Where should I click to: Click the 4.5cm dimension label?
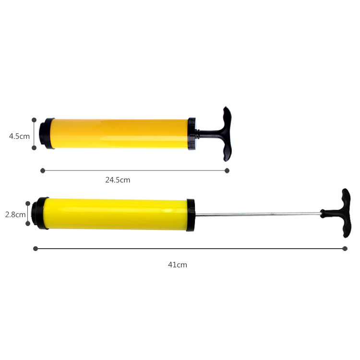click(19, 136)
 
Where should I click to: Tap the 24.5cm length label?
click(118, 180)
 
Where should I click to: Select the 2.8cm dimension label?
click(15, 215)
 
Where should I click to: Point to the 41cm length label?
click(178, 264)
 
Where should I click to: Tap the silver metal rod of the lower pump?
click(258, 215)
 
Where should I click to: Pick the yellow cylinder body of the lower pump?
click(115, 214)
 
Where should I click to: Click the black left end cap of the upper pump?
click(46, 133)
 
